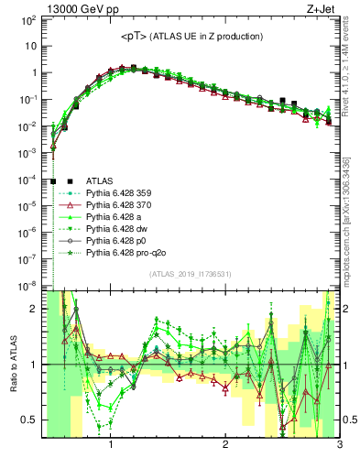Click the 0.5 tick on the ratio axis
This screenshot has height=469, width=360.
point(29,420)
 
